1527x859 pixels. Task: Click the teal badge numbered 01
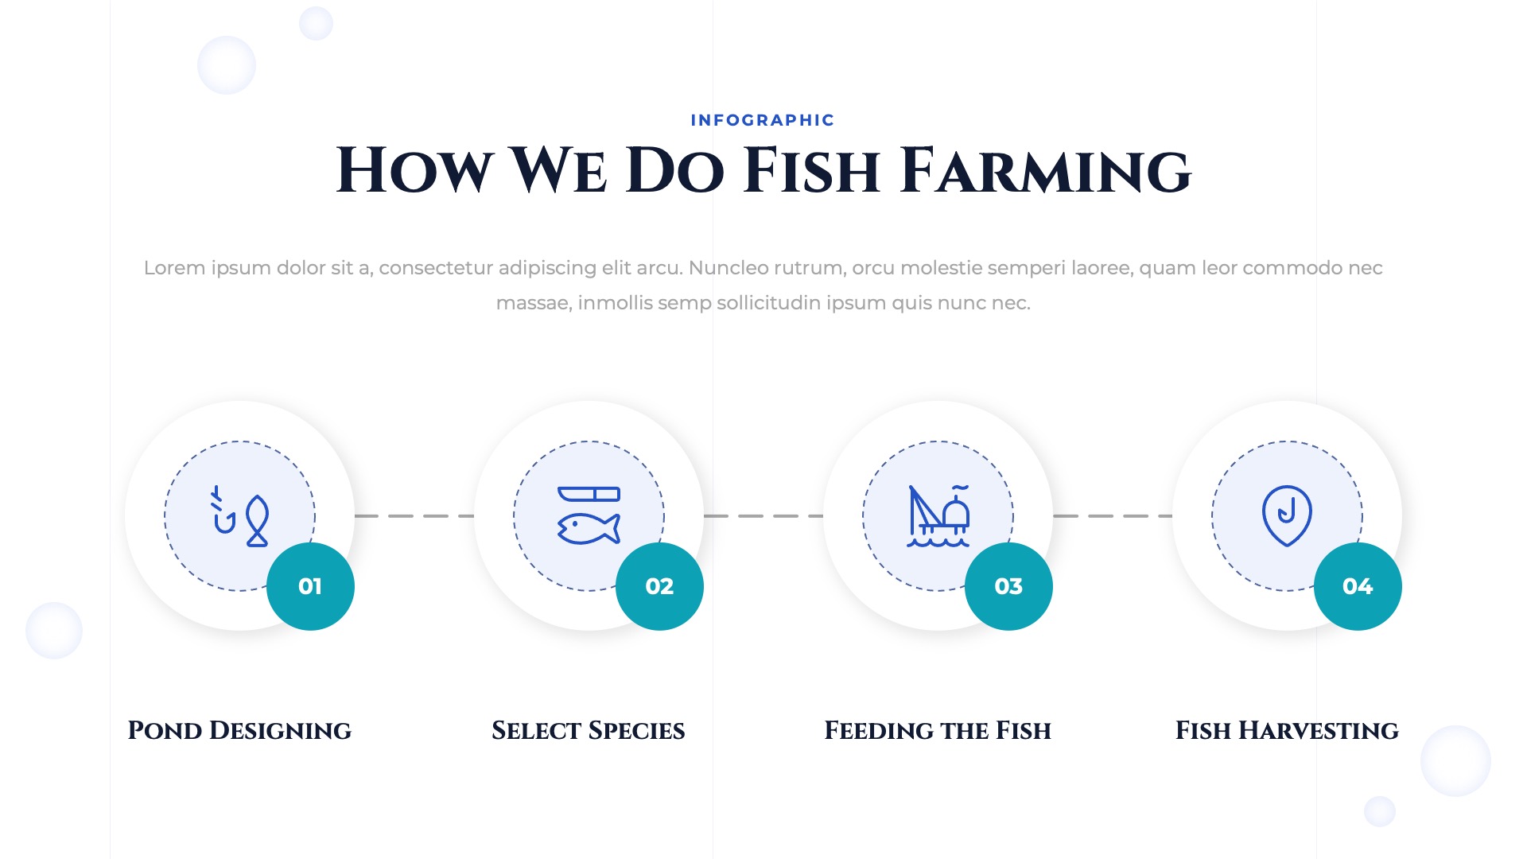tap(310, 586)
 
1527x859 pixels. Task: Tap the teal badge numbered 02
tap(659, 586)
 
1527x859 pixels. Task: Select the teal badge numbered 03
tap(1008, 586)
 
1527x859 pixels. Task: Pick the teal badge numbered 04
tap(1358, 586)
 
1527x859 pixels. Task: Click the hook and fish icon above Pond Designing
tap(239, 516)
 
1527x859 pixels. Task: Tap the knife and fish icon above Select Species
tap(589, 516)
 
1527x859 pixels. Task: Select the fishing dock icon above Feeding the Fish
tap(938, 516)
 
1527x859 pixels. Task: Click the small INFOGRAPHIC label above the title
tap(763, 120)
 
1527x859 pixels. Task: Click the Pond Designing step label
tap(239, 730)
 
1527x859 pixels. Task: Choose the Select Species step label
tap(589, 730)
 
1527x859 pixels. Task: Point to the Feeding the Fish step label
tap(938, 730)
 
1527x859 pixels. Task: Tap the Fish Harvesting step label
tap(1287, 730)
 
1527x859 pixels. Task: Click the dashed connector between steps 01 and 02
tap(414, 516)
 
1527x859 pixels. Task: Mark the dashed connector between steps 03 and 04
tap(1112, 516)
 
